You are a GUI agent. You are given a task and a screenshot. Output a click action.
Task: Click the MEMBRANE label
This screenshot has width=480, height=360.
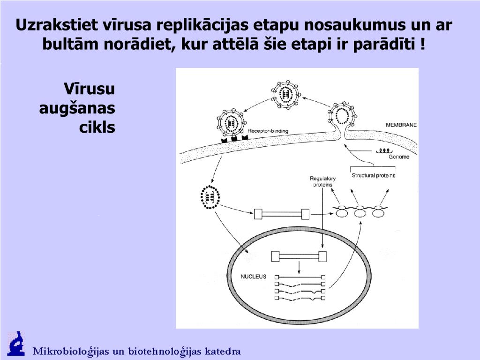[x=401, y=125]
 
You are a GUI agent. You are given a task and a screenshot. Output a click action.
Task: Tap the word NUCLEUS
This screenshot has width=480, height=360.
[x=254, y=277]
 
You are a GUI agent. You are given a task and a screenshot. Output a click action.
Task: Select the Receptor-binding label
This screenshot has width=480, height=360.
[x=268, y=131]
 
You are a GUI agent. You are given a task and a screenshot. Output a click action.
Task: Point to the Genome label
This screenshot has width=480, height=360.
[x=399, y=157]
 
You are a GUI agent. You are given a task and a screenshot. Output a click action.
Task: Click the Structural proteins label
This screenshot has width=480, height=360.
[x=374, y=175]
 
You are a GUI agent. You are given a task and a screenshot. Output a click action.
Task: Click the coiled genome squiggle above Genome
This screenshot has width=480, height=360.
[x=383, y=151]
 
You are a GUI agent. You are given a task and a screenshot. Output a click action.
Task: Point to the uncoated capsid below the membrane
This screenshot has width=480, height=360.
[x=210, y=197]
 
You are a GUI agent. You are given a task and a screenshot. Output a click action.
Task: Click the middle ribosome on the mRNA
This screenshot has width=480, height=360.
[x=360, y=212]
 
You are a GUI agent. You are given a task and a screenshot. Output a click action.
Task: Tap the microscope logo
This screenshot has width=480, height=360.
[x=16, y=344]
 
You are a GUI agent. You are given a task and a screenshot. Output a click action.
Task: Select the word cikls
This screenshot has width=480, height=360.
[x=97, y=127]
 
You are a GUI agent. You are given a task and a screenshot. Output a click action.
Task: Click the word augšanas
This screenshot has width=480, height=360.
[x=77, y=108]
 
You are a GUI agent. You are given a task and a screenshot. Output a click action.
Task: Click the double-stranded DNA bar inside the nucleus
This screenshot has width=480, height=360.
[x=299, y=256]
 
